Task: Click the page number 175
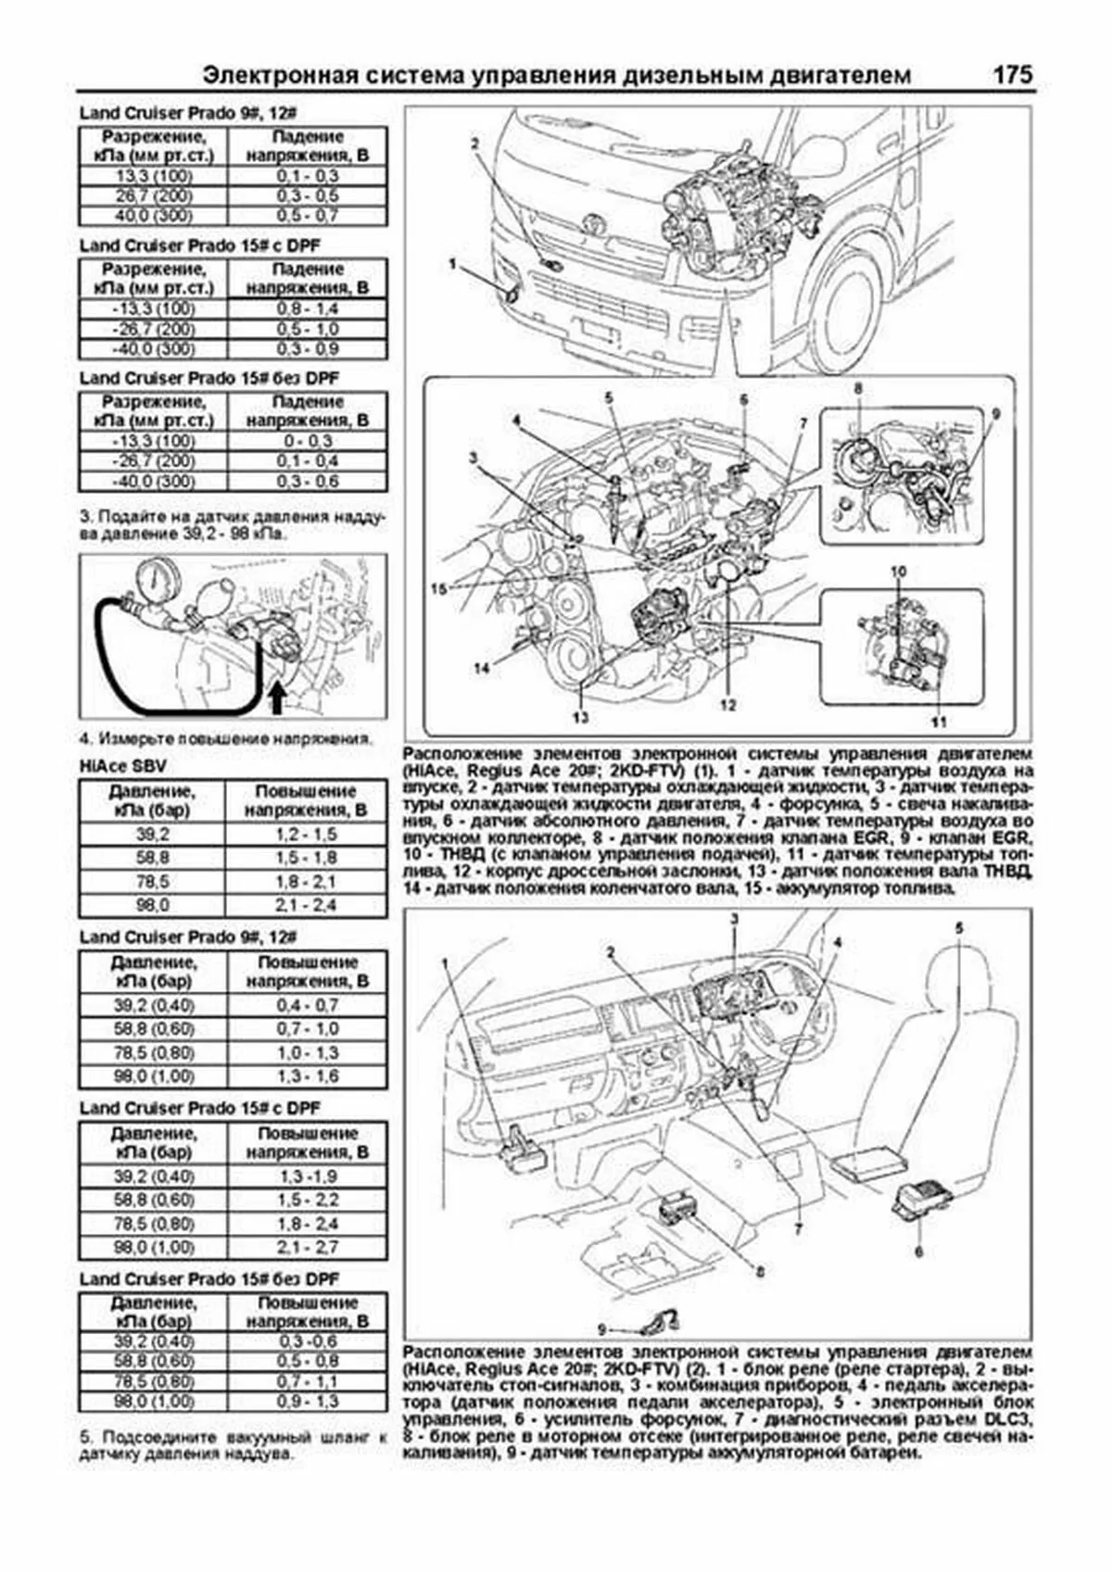[x=1012, y=75]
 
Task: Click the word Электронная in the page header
[x=274, y=76]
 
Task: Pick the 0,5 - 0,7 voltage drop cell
[x=308, y=216]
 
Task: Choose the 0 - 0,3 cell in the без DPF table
[x=308, y=441]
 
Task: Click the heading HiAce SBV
[x=123, y=767]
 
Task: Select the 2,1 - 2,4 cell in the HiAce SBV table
[x=307, y=905]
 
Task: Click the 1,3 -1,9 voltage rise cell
[x=308, y=1176]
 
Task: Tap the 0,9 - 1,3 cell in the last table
[x=308, y=1402]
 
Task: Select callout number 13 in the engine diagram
[x=580, y=716]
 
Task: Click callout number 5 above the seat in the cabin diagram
[x=959, y=927]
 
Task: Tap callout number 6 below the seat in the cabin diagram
[x=919, y=1252]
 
